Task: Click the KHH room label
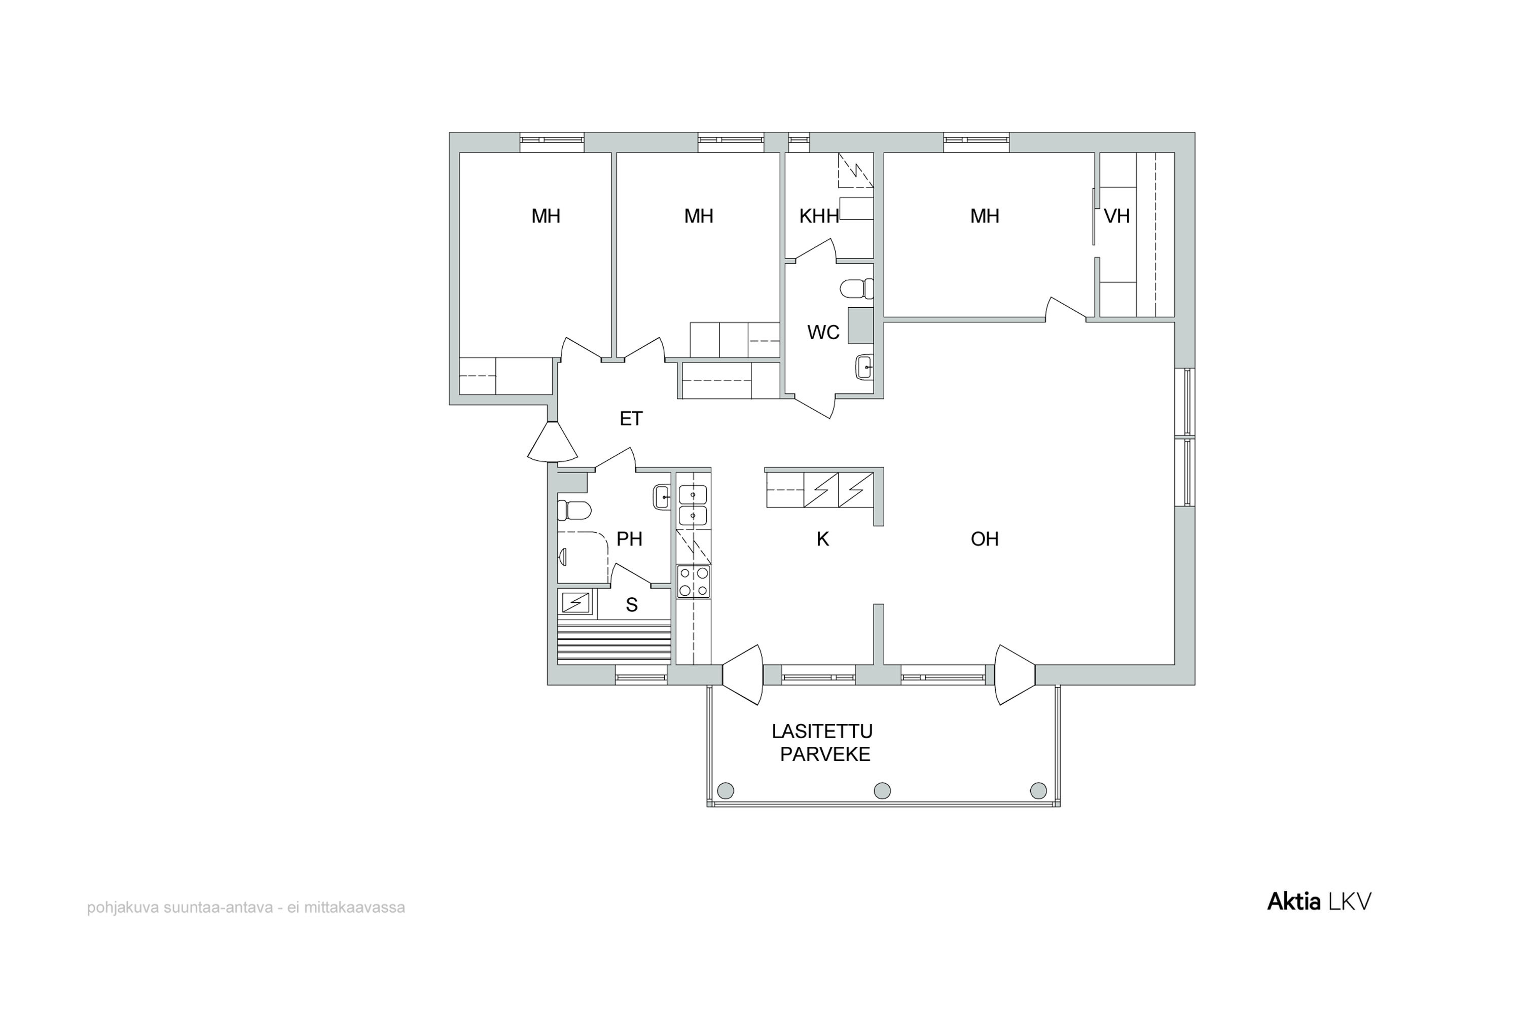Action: pyautogui.click(x=819, y=216)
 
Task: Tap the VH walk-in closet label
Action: pyautogui.click(x=1117, y=216)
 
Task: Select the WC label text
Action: pyautogui.click(x=823, y=333)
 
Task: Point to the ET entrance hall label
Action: pyautogui.click(x=631, y=419)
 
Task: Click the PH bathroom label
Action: pyautogui.click(x=629, y=538)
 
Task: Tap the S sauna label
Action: pyautogui.click(x=632, y=605)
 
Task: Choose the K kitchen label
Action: pyautogui.click(x=822, y=538)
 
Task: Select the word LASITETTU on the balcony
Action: pyautogui.click(x=822, y=732)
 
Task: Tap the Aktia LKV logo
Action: pyautogui.click(x=1319, y=901)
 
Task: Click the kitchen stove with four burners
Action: pyautogui.click(x=693, y=582)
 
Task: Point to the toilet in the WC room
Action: pyautogui.click(x=857, y=288)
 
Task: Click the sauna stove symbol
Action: pyautogui.click(x=575, y=603)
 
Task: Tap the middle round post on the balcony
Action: pyautogui.click(x=882, y=790)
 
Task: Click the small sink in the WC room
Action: pyautogui.click(x=864, y=367)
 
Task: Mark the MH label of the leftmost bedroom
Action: pyautogui.click(x=546, y=216)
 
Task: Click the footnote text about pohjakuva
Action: pyautogui.click(x=246, y=908)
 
